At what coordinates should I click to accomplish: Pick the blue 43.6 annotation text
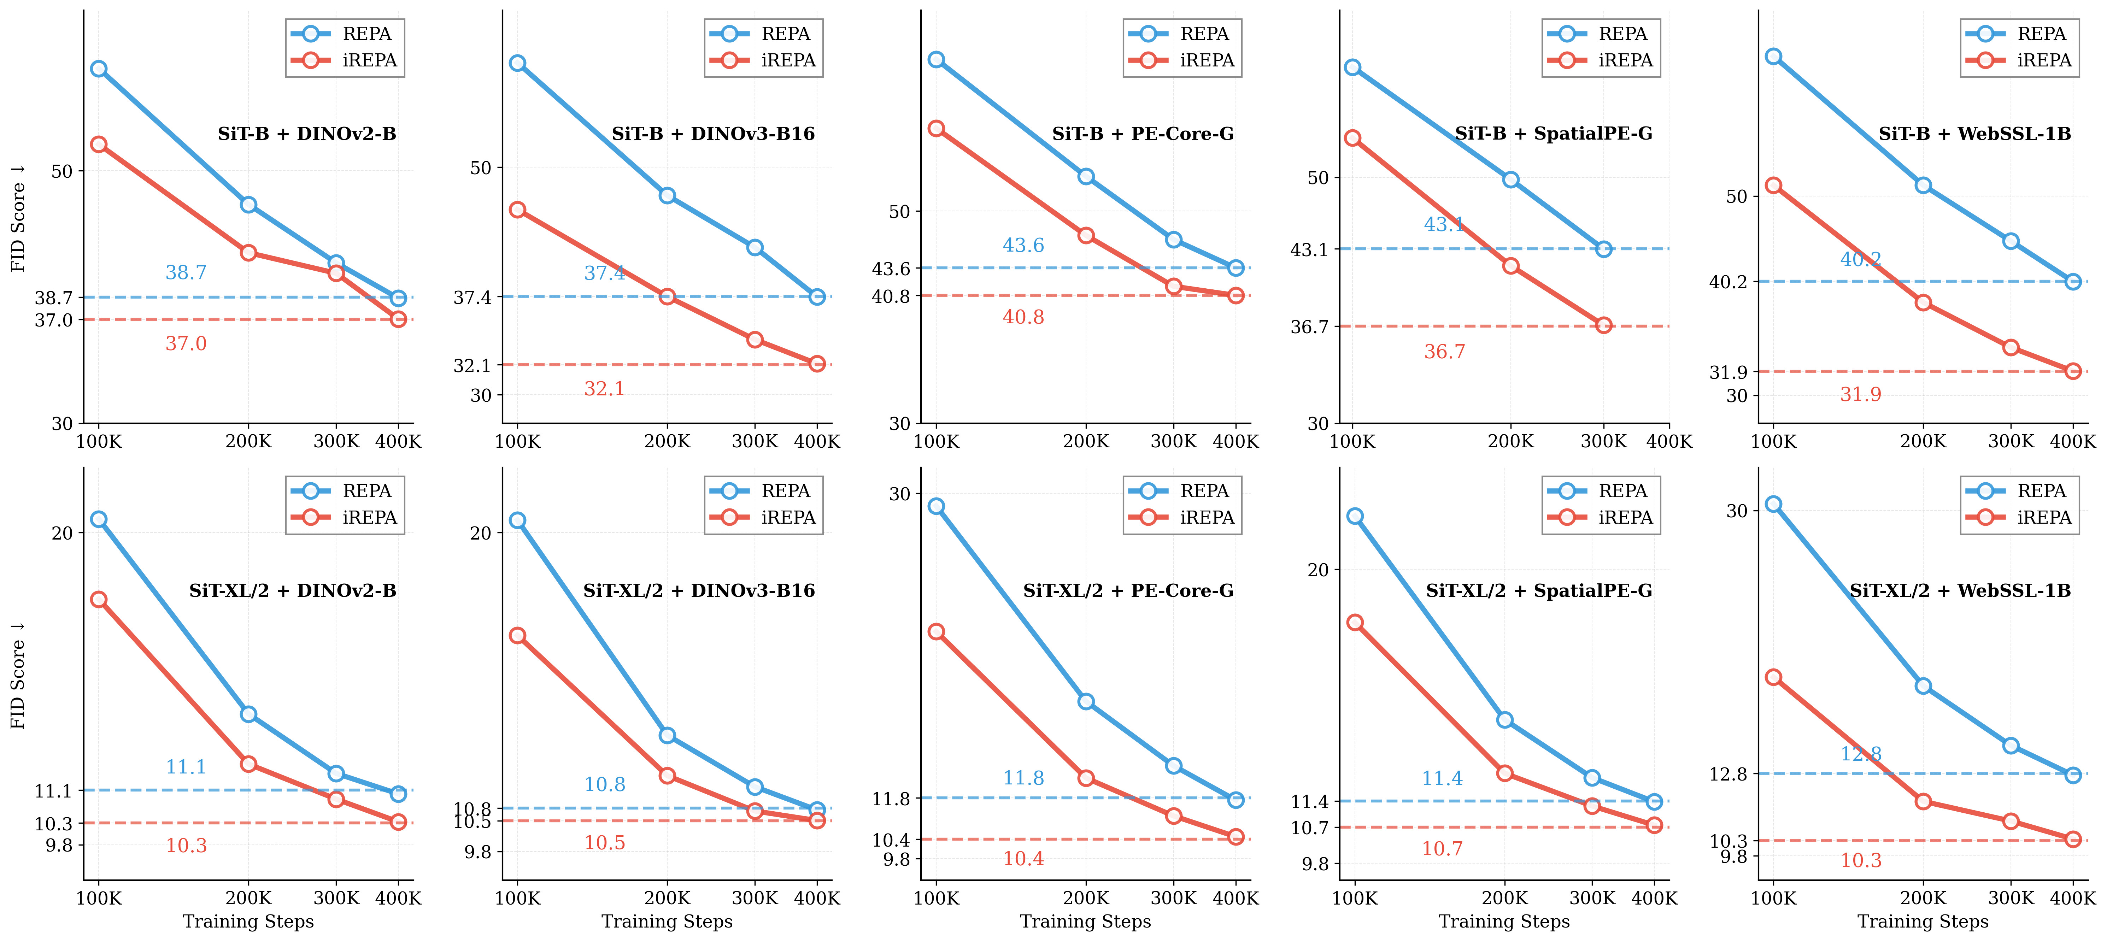click(1023, 245)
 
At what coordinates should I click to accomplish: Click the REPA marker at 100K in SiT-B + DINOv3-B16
click(518, 63)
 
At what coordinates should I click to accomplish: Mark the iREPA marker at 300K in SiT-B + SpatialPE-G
click(1604, 325)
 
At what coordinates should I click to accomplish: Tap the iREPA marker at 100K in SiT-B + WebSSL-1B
click(1773, 186)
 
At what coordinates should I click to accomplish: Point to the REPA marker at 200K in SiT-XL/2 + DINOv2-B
click(249, 715)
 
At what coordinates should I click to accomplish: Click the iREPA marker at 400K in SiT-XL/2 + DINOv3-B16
click(817, 820)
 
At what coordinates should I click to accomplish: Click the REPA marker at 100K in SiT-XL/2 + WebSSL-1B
click(1773, 505)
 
